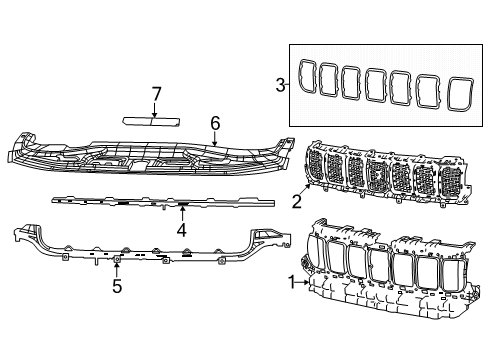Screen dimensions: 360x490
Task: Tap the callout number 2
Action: pos(297,202)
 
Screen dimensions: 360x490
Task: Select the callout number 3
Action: pos(279,86)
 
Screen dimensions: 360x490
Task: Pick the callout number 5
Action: pos(116,288)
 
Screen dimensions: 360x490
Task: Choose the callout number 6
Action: pos(214,124)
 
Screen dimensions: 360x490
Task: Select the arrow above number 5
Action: pos(116,266)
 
